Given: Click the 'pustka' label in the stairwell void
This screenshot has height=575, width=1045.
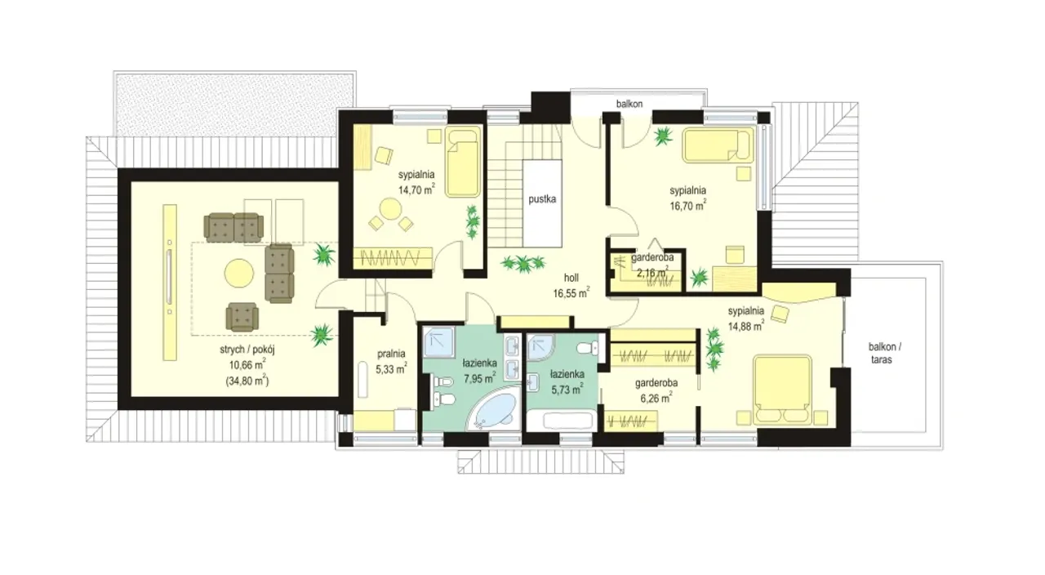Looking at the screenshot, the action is [542, 199].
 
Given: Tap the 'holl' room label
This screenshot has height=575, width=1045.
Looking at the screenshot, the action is [571, 279].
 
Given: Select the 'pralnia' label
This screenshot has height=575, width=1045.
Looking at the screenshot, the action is [391, 354].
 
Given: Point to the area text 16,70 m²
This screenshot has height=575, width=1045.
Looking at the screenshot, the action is [687, 205].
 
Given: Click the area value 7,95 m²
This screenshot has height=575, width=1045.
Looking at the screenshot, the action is [479, 378].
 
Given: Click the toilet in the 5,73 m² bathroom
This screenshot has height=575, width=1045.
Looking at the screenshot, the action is [588, 348].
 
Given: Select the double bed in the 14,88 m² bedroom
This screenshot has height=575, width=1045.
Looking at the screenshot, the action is [782, 390].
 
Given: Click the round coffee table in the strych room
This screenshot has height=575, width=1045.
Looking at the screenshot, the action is [239, 273].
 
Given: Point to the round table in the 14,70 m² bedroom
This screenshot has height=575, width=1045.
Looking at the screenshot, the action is [390, 212].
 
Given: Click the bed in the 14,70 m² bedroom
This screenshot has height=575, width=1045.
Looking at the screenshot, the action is [463, 162].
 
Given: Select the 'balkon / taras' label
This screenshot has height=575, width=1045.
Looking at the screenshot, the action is [881, 354].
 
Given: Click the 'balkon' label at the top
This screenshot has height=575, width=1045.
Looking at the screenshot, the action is [629, 104].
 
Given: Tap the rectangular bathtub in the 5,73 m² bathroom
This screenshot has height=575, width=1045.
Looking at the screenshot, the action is [569, 421].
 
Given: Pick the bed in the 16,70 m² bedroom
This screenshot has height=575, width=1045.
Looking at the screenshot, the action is [718, 145].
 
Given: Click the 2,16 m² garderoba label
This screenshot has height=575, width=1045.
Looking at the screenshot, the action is [652, 265].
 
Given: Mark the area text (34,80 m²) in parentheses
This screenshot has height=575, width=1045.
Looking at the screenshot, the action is [247, 381].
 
